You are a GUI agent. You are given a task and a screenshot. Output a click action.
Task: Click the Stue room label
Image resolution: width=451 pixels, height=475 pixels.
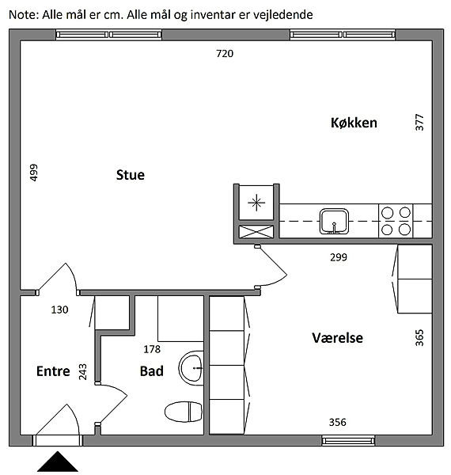tap(131, 175)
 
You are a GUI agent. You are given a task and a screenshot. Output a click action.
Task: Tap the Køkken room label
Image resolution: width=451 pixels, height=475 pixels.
tap(354, 123)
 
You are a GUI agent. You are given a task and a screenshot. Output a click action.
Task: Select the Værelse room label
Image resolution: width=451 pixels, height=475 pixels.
tap(338, 338)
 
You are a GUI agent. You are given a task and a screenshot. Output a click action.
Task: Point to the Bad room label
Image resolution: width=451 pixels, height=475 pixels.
tap(152, 371)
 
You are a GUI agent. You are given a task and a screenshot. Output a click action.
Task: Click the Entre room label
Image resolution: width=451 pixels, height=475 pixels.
tap(53, 371)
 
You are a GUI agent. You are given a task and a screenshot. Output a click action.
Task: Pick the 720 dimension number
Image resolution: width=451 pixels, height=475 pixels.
tap(225, 54)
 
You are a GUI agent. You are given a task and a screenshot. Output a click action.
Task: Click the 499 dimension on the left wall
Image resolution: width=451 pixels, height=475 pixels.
tap(34, 173)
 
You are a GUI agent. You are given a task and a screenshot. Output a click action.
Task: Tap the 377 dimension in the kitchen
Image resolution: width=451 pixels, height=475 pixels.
tap(419, 123)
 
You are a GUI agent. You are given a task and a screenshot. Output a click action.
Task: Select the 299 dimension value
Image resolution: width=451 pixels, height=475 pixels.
tap(339, 257)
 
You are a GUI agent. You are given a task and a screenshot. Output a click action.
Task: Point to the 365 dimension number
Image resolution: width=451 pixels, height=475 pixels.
tap(419, 338)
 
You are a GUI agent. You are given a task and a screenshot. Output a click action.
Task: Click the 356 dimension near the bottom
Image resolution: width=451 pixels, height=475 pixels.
tap(338, 422)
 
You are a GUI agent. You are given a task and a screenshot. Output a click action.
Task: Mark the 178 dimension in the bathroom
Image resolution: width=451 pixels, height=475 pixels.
tap(152, 349)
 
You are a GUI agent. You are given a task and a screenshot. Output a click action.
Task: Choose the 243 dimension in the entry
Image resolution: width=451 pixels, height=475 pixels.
tap(82, 372)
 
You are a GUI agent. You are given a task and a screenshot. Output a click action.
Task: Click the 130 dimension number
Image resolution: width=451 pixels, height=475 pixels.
tap(59, 310)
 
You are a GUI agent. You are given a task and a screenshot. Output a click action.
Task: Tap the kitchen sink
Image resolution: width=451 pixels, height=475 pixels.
tap(334, 222)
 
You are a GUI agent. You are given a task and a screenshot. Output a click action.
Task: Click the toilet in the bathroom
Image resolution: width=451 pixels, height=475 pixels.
tap(184, 412)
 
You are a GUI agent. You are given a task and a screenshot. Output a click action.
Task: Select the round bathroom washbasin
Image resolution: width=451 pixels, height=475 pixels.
tap(191, 368)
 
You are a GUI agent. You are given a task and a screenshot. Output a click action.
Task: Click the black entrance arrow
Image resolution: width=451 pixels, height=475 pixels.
tap(58, 462)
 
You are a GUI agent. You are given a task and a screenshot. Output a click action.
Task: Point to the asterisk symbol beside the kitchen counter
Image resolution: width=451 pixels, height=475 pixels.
tap(256, 203)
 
